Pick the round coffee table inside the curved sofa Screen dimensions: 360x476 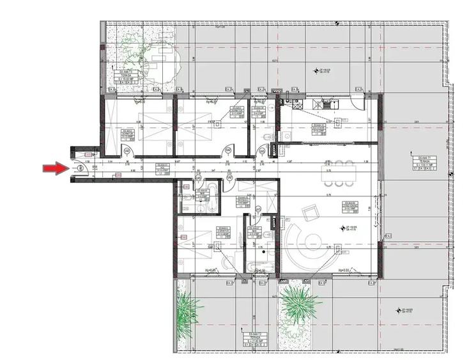point(312,242)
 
